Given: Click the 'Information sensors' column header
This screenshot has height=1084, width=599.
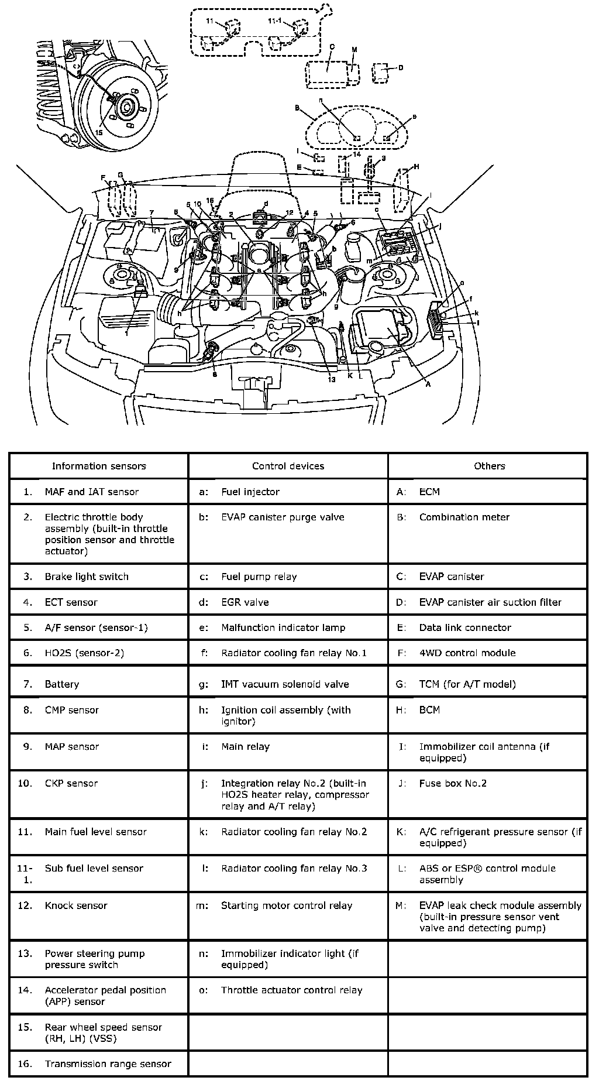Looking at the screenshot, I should (99, 466).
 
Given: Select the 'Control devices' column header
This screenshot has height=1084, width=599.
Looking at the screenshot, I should (288, 466).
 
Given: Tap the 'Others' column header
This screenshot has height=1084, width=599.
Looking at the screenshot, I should (489, 466).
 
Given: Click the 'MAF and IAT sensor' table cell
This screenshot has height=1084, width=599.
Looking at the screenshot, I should (91, 492).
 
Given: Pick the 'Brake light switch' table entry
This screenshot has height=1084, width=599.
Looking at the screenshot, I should (87, 577).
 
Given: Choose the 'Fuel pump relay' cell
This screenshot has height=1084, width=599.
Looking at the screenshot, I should (259, 577).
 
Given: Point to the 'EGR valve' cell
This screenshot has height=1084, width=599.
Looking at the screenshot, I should (245, 602).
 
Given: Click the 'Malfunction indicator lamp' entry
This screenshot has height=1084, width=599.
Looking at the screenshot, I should (283, 627).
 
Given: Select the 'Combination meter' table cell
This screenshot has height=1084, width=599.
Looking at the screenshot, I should (464, 517).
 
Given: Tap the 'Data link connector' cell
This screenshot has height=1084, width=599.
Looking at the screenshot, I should (465, 627).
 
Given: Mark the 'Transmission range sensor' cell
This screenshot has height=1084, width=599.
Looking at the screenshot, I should (108, 1064).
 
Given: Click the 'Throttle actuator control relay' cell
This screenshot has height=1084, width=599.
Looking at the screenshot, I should (291, 990).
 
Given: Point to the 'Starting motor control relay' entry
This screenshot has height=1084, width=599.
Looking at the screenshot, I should (287, 905).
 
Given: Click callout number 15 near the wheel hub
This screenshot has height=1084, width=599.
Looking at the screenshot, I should (98, 132).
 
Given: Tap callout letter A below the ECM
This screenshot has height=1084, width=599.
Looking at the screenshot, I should (428, 385).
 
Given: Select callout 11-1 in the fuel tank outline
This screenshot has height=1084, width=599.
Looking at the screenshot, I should (274, 21).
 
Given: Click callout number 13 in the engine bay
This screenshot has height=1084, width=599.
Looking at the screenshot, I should (332, 379).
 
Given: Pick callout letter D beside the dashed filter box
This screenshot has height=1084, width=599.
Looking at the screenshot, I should (401, 68).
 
